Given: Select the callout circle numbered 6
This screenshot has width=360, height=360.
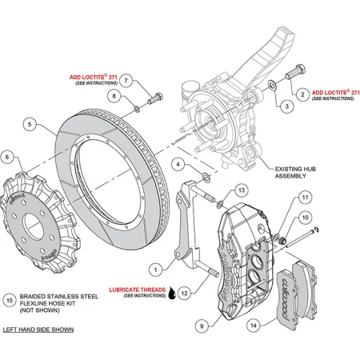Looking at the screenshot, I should pos(7,157).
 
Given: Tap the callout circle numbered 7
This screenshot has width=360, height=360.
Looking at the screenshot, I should pos(126,82).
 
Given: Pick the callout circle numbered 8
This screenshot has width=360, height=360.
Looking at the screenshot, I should pos(114,97).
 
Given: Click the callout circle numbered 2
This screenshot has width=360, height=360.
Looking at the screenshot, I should pos(302,94).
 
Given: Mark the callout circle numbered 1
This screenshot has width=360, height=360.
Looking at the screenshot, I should pos(158,270).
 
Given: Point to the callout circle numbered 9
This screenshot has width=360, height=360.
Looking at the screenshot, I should pos(201,326).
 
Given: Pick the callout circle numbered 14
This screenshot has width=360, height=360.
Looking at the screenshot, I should pos(254,326).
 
